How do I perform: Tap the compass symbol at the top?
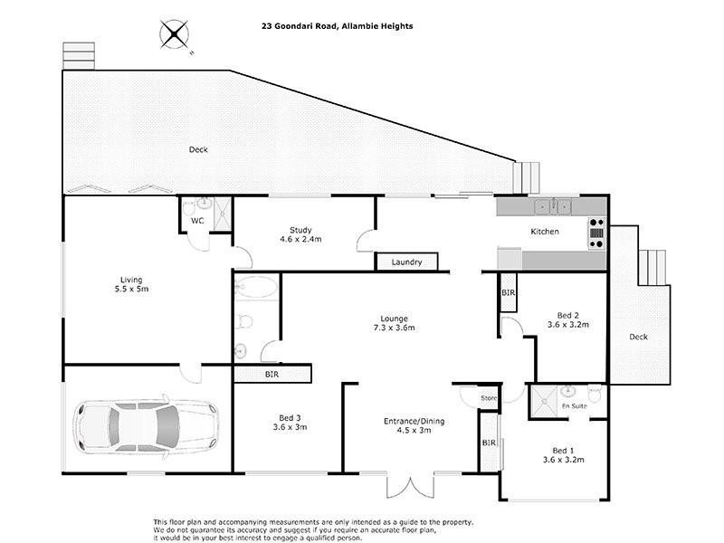[174, 34]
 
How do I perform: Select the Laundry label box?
[406, 262]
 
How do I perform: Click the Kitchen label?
[545, 232]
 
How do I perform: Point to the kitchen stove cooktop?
[596, 233]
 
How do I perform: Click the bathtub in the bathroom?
[256, 287]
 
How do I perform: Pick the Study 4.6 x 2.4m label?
[300, 234]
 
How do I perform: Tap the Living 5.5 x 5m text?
[131, 284]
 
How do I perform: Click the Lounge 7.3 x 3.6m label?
[395, 323]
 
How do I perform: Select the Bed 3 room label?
[290, 423]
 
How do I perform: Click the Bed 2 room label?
[568, 320]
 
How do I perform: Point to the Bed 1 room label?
[563, 455]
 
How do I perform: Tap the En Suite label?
[575, 405]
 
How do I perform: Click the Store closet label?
[489, 398]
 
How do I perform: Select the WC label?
[197, 221]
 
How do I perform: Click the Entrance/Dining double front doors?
[410, 485]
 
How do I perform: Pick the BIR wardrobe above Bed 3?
[272, 374]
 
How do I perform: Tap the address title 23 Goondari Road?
[300, 26]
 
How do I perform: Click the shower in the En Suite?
[543, 402]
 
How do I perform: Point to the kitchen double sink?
[553, 206]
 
